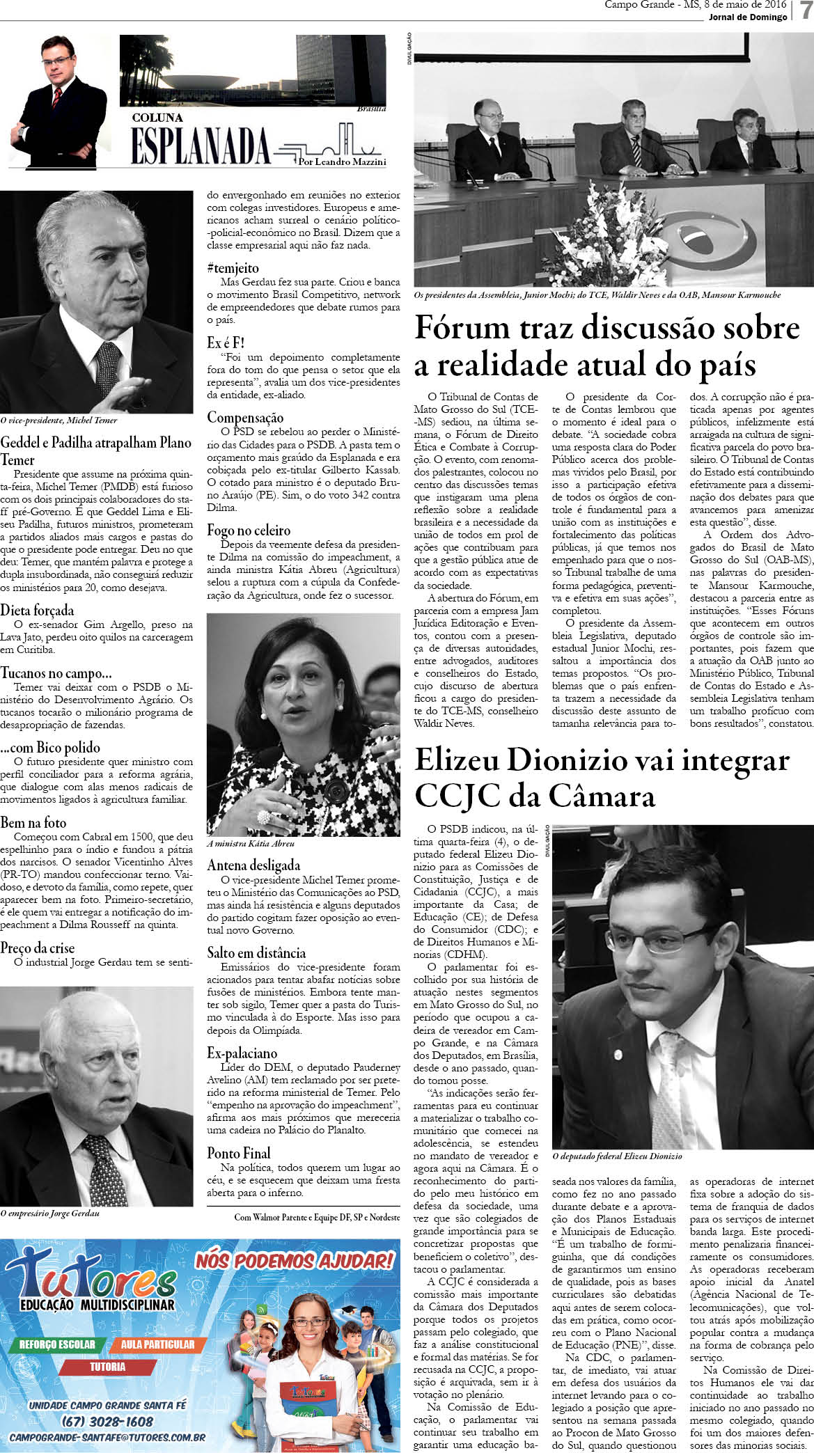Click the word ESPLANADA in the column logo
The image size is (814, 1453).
coord(201,146)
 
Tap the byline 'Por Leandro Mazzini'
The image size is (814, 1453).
coord(341,162)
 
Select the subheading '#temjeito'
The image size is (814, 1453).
coord(233,267)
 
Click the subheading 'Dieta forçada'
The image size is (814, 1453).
coord(37,610)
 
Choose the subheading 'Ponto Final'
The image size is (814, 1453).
coord(238,1152)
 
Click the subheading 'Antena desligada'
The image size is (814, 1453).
coord(253,865)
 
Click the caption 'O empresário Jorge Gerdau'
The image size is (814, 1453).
coord(50,1213)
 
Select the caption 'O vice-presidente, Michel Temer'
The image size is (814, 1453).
coord(58,420)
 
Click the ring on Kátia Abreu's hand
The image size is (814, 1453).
coord(263,817)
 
